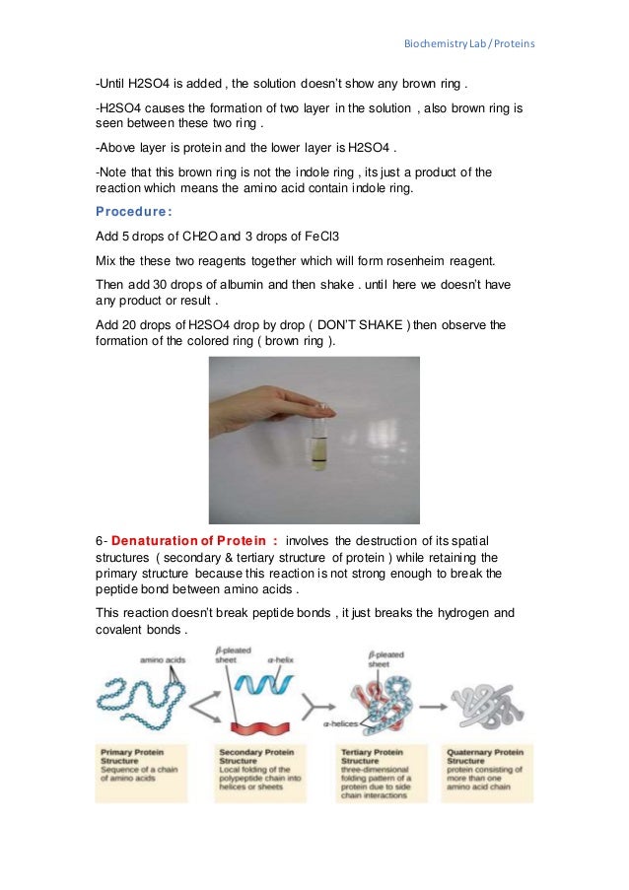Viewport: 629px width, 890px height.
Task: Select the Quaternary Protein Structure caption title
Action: (484, 757)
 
